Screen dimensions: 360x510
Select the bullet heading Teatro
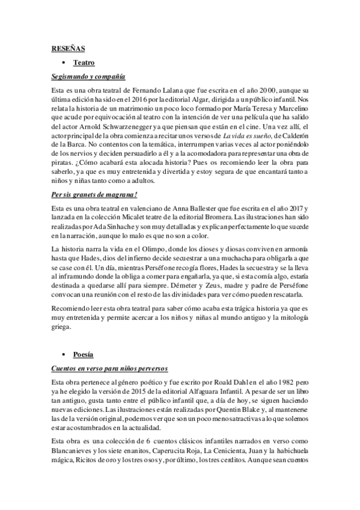84,62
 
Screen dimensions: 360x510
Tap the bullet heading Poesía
83,355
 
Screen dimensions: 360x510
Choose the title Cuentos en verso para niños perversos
109,367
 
